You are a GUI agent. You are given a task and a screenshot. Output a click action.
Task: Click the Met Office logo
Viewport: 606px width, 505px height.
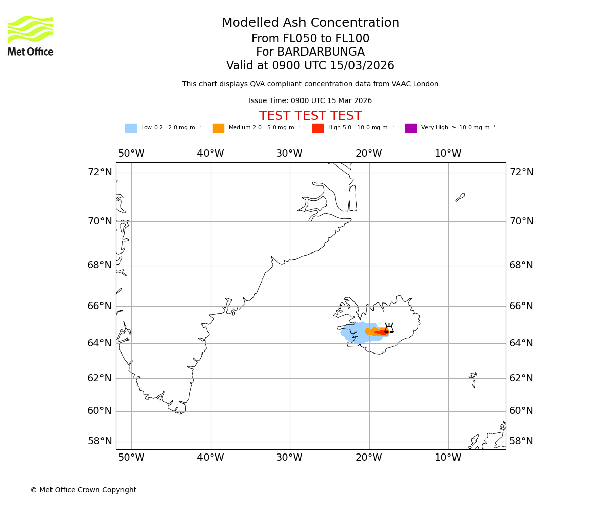[x=30, y=35]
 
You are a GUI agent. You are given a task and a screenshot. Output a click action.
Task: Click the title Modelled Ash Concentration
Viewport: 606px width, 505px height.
[x=310, y=23]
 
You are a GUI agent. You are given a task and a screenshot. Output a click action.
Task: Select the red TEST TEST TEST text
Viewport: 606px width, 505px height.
[x=310, y=116]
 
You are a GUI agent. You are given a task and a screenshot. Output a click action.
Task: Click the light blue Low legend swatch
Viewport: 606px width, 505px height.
[x=131, y=128]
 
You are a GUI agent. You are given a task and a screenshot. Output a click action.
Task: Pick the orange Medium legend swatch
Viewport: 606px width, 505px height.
[x=218, y=128]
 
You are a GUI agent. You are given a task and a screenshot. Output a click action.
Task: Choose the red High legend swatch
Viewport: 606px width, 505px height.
[x=318, y=128]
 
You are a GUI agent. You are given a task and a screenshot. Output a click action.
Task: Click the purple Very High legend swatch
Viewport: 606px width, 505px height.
[x=411, y=128]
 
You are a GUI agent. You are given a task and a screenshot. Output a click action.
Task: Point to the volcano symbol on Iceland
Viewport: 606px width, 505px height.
[x=389, y=328]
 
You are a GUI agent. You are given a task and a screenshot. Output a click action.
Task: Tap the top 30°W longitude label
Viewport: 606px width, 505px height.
[x=289, y=154]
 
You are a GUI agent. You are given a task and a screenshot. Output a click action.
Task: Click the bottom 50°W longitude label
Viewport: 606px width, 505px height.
[x=131, y=458]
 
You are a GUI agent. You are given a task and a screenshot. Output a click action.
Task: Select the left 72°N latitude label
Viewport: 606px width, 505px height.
[x=99, y=172]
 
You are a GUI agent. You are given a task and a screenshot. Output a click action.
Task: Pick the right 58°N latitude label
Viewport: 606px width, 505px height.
[x=521, y=441]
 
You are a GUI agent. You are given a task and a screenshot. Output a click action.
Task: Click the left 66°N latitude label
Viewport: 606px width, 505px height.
[x=99, y=306]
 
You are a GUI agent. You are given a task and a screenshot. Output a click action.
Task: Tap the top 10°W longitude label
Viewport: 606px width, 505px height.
[x=448, y=154]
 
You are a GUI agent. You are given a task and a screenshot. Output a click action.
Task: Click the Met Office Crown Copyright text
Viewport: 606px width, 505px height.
[x=83, y=490]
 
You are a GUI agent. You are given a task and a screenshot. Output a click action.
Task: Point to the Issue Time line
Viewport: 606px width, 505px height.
[x=310, y=101]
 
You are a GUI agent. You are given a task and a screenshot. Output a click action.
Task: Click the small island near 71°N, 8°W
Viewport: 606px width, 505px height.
[x=460, y=197]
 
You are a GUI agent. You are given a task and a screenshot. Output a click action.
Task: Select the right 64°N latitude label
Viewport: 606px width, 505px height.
[x=521, y=343]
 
